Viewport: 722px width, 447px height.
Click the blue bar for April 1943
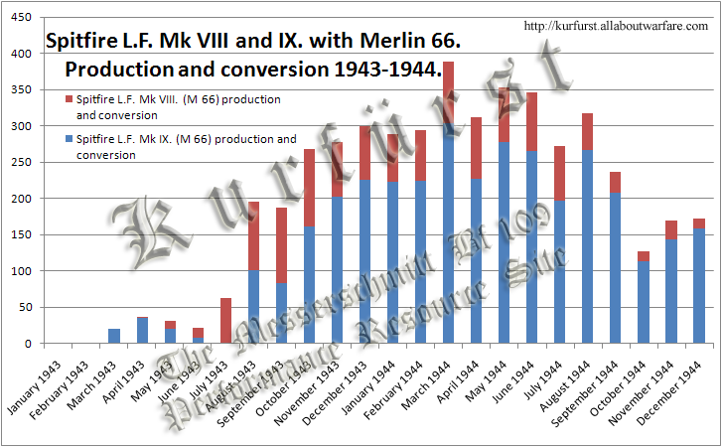[x=143, y=330]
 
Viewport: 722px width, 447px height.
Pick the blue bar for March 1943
[x=115, y=336]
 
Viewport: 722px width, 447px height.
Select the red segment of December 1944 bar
[x=699, y=223]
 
